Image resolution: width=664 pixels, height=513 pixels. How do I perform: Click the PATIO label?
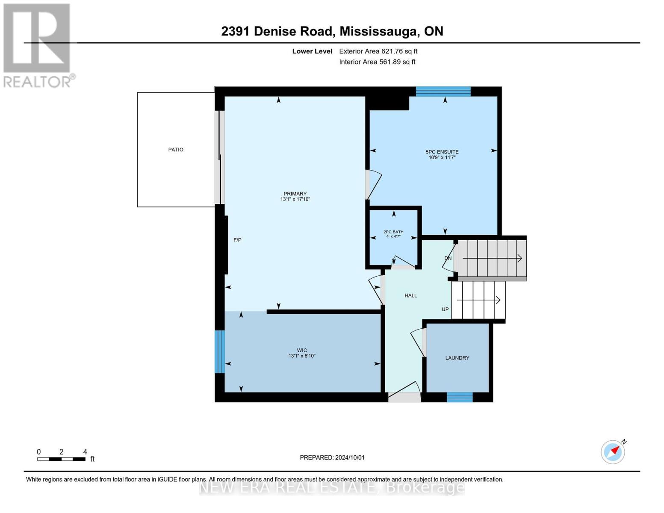coord(176,150)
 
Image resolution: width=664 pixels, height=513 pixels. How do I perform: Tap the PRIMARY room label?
coord(295,194)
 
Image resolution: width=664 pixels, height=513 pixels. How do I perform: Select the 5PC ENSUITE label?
coord(442,152)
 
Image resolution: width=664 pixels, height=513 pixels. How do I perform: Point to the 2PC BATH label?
coord(394,232)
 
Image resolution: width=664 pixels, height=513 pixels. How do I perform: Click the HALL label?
coord(411,295)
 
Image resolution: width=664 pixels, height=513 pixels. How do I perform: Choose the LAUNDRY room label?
coord(457,358)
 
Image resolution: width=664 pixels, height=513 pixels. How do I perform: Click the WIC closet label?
coord(302,351)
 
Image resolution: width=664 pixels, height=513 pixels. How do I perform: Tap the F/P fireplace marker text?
coord(237,240)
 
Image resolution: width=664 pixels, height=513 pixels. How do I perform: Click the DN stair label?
coord(448,258)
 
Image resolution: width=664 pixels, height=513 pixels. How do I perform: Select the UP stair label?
coord(445,309)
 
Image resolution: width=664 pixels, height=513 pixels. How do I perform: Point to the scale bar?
coord(61,459)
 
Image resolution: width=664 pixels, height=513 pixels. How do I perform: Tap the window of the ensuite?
coord(443,91)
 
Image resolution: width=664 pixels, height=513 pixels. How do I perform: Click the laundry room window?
coord(460,397)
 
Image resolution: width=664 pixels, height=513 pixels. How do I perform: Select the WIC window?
coord(220,351)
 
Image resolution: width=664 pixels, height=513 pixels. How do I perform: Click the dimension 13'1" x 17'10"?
coord(295,199)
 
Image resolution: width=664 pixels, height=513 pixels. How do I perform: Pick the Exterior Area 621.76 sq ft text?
coord(378,51)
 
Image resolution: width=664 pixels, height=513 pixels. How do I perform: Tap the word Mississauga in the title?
coord(379,32)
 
